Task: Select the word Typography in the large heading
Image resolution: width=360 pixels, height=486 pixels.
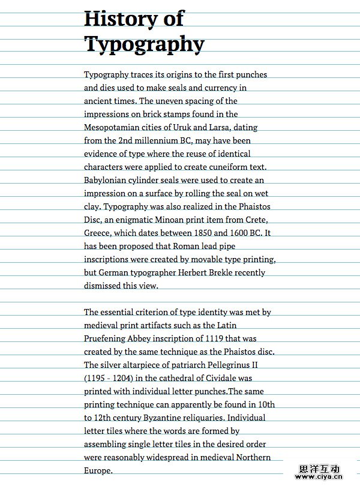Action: coord(144,44)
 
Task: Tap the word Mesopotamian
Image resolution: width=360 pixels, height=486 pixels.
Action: coord(112,127)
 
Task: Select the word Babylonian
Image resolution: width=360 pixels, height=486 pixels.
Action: coord(107,180)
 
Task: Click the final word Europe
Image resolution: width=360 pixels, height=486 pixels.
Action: coord(98,470)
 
